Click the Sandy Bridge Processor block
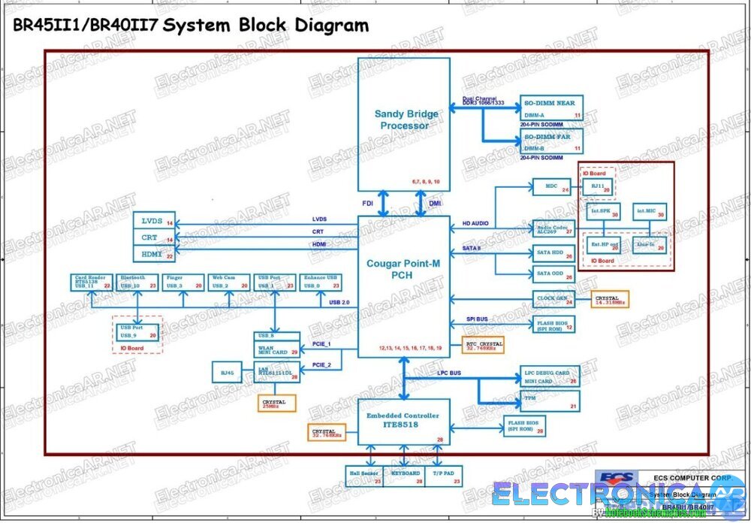(403, 124)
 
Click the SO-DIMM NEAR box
(551, 108)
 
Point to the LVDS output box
(153, 221)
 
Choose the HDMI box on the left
(153, 255)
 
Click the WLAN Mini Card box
(276, 348)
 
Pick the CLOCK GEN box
(553, 299)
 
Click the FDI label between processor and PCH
(368, 202)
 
